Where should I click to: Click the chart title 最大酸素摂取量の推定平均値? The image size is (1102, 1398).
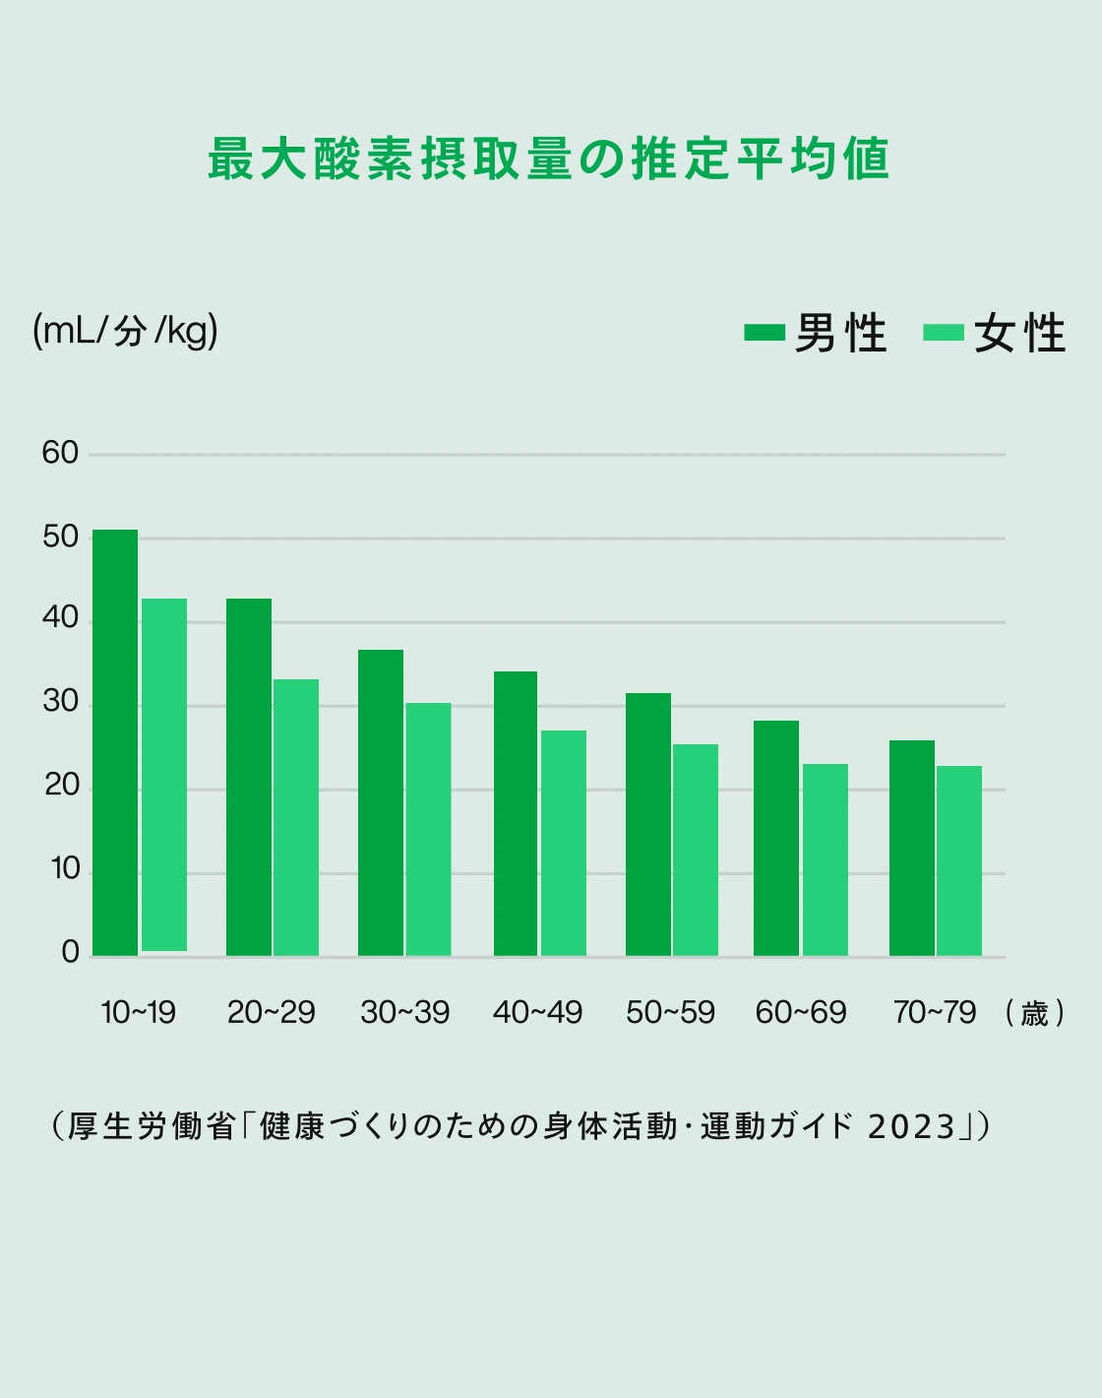pyautogui.click(x=549, y=159)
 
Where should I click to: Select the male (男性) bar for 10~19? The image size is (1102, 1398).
pyautogui.click(x=115, y=742)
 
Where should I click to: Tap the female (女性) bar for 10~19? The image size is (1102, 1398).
pyautogui.click(x=164, y=775)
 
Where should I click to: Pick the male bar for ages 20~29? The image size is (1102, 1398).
pyautogui.click(x=249, y=777)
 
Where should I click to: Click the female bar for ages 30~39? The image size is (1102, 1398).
pyautogui.click(x=428, y=829)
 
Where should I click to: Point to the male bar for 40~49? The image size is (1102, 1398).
pyautogui.click(x=516, y=813)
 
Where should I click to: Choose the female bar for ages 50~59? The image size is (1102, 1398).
pyautogui.click(x=696, y=850)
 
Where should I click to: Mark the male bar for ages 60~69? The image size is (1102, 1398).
pyautogui.click(x=776, y=838)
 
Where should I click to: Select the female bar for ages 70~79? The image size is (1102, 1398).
pyautogui.click(x=959, y=860)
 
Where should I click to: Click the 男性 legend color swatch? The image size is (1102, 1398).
pyautogui.click(x=765, y=333)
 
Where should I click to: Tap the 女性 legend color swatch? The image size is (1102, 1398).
pyautogui.click(x=944, y=333)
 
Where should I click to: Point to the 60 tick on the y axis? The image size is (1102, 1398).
pyautogui.click(x=60, y=453)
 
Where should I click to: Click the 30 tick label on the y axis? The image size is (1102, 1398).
pyautogui.click(x=60, y=702)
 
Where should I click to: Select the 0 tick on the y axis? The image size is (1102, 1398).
pyautogui.click(x=70, y=952)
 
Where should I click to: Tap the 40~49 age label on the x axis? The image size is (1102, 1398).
pyautogui.click(x=537, y=1012)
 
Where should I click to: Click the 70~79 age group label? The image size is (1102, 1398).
pyautogui.click(x=935, y=1012)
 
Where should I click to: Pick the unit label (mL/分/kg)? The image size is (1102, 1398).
pyautogui.click(x=125, y=331)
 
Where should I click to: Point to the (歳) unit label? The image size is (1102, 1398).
pyautogui.click(x=1035, y=1013)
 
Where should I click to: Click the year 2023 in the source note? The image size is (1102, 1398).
pyautogui.click(x=912, y=1126)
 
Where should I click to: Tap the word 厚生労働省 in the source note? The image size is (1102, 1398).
pyautogui.click(x=152, y=1126)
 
